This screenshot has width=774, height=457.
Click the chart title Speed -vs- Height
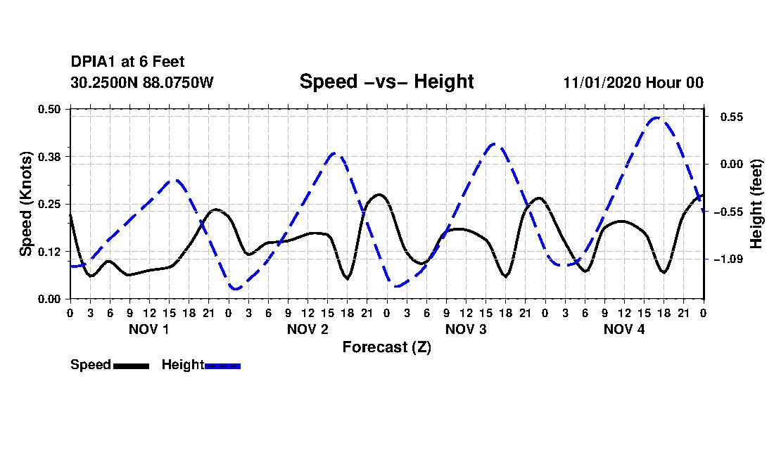click(x=386, y=82)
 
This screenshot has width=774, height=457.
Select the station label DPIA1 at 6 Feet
click(x=127, y=62)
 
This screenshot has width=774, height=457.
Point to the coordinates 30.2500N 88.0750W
click(x=142, y=82)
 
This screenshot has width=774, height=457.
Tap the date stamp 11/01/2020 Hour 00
click(x=633, y=82)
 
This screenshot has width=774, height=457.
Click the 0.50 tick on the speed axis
click(x=49, y=109)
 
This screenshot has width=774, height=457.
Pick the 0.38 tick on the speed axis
click(x=49, y=157)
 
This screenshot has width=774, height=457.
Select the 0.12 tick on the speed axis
click(x=49, y=252)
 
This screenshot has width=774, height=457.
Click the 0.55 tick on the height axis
click(x=732, y=117)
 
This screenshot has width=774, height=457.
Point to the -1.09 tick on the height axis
click(x=728, y=259)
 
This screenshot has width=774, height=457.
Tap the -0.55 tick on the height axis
click(x=728, y=212)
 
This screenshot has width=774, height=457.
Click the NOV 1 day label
click(x=148, y=329)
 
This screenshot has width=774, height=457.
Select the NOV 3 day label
click(x=466, y=329)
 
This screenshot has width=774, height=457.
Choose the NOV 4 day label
click(x=624, y=329)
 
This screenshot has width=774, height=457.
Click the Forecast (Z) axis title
click(x=386, y=347)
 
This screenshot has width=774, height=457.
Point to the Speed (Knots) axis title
click(x=25, y=204)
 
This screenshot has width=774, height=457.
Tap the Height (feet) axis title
click(x=756, y=204)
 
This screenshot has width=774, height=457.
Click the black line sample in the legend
click(x=132, y=366)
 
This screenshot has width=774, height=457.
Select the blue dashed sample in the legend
click(x=222, y=366)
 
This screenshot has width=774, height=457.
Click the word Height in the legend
click(x=183, y=365)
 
